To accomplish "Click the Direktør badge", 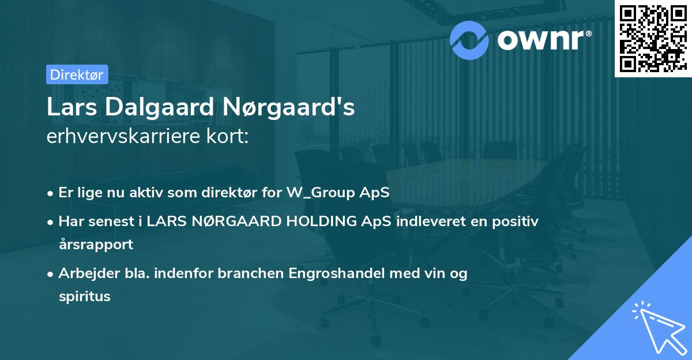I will click(x=76, y=74).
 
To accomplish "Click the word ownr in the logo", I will click(x=539, y=39).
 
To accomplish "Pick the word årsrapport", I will click(x=96, y=244).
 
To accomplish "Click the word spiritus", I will click(x=84, y=297).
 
